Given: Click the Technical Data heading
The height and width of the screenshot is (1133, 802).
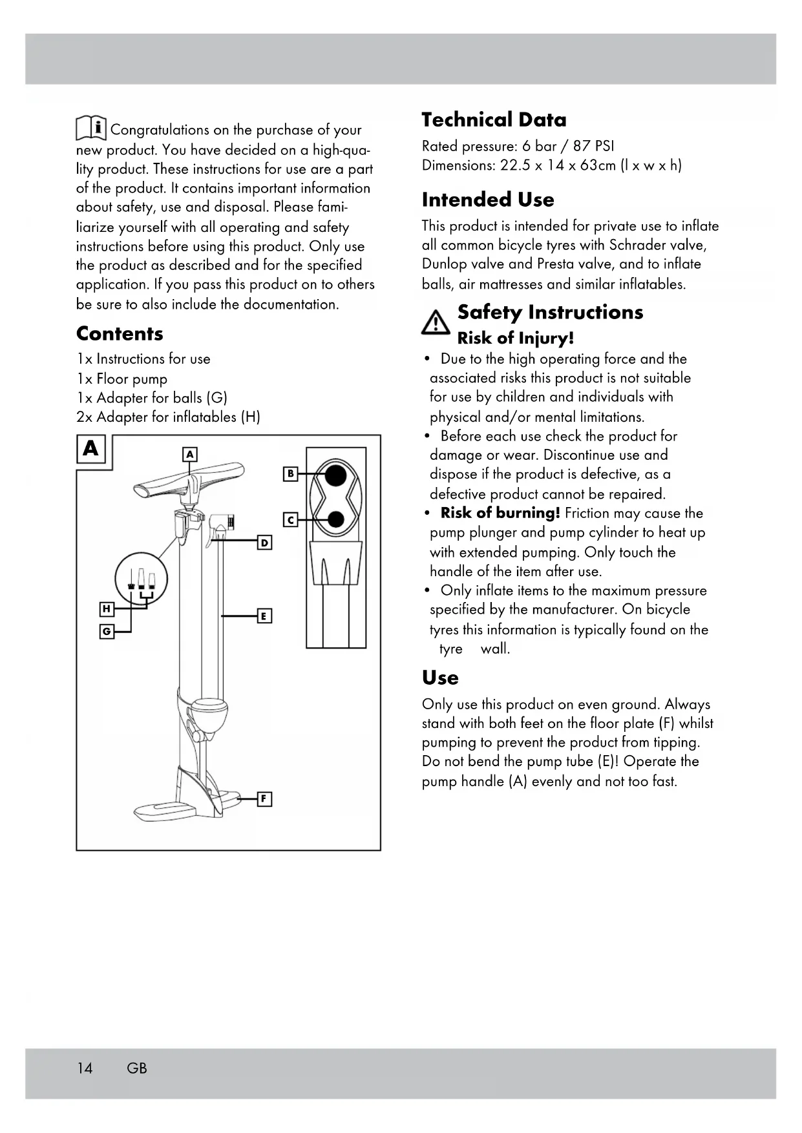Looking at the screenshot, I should [x=494, y=120].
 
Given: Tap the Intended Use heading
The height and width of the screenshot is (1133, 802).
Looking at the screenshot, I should [x=488, y=200].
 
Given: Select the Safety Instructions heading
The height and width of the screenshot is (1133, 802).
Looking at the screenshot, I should [x=550, y=313].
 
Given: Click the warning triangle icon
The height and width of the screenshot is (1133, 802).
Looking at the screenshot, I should [x=436, y=322].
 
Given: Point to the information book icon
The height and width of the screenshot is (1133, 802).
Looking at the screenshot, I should [x=91, y=129].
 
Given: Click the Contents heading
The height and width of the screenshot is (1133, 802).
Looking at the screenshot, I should [x=120, y=334].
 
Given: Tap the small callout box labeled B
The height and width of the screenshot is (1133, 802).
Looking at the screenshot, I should [x=291, y=474].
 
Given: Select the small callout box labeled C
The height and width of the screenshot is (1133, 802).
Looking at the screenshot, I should [x=291, y=519].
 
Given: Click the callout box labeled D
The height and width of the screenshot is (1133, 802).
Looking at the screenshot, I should [x=264, y=543].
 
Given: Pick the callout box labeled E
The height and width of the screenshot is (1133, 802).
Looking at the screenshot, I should [x=264, y=616].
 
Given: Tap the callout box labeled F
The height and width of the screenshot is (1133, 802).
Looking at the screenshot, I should [x=264, y=799].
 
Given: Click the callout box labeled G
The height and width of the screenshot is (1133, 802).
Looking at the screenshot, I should [x=107, y=631].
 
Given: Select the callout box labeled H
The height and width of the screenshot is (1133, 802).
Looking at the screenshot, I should [x=107, y=609].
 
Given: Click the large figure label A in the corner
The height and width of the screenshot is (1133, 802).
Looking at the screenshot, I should [x=91, y=448].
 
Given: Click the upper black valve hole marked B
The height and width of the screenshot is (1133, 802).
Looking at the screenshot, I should [x=335, y=475].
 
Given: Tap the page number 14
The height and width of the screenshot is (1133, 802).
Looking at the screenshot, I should [x=85, y=1068].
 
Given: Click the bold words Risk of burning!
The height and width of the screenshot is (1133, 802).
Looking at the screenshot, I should [x=500, y=514].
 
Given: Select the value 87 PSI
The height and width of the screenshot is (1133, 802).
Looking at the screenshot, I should [x=593, y=146].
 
